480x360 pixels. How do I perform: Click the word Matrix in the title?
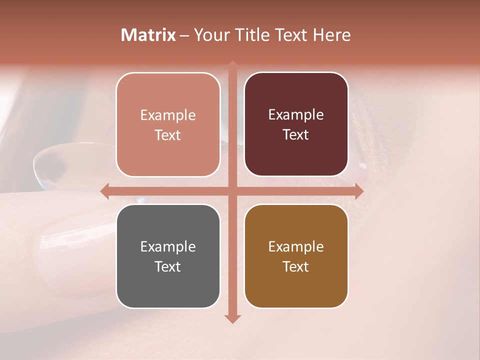148,35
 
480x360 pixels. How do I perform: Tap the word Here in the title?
331,35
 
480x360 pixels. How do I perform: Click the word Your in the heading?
209,35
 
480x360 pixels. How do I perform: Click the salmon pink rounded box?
168,124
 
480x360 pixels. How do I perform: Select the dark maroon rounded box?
296,124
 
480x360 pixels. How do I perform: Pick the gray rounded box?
168,256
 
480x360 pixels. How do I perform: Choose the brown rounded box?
296,256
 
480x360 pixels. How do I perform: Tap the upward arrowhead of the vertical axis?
232,64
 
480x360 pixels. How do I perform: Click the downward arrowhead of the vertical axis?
232,318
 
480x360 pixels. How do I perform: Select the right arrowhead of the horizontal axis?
358,191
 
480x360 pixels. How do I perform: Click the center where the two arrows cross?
232,191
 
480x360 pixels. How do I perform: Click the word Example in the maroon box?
296,115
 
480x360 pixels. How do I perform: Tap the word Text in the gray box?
167,266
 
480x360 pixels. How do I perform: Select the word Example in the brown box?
296,246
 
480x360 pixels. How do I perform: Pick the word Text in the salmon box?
167,135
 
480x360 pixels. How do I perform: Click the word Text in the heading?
290,35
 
